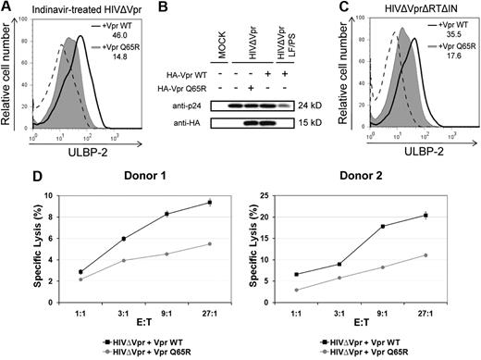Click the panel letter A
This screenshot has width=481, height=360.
[x=6, y=8]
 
